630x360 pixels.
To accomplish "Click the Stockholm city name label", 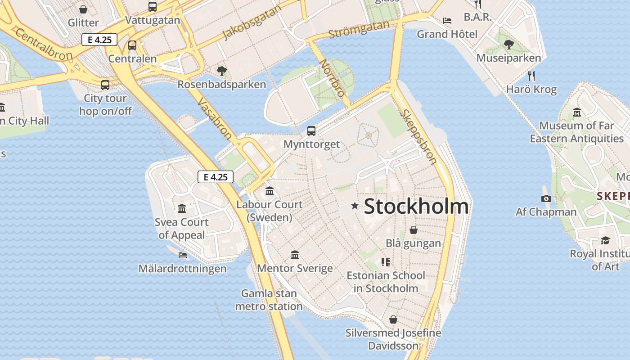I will (416, 207).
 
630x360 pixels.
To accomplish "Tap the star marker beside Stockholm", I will (355, 206).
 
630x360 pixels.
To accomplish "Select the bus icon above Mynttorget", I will (311, 131).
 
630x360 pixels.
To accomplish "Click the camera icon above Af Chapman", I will (546, 198).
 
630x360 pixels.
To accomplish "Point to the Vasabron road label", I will (215, 119).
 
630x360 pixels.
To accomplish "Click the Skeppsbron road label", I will (418, 137).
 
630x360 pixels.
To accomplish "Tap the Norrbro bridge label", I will (332, 78).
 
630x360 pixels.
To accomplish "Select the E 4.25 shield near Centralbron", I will (99, 40).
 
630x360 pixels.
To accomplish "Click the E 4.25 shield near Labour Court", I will (216, 177).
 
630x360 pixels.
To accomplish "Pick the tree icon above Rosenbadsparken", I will (221, 71).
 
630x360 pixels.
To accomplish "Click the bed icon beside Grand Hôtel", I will (447, 21).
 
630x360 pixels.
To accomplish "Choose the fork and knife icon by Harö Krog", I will (531, 76).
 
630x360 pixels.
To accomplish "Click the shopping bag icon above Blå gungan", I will (414, 230).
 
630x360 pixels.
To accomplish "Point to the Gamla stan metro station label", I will (269, 300).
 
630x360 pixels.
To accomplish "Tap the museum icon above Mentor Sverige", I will (295, 255).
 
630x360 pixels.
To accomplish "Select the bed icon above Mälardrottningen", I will (183, 255).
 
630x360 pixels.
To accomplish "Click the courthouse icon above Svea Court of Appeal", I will (182, 208).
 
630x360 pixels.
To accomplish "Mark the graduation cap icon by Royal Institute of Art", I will (605, 240).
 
